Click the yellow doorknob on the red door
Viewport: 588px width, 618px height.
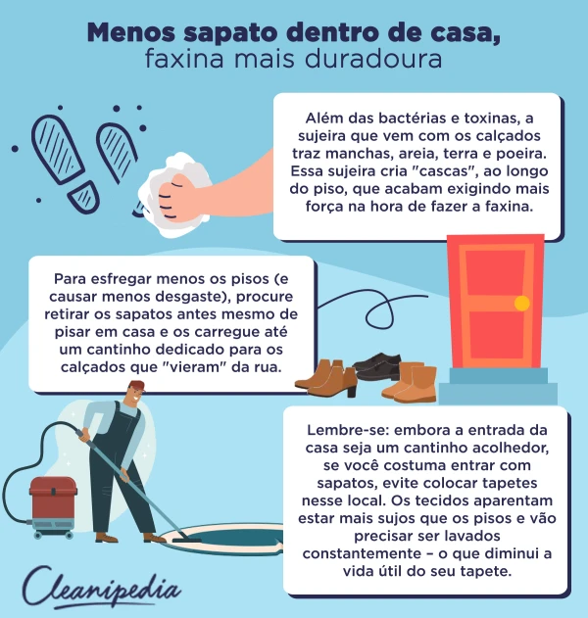coord(521,302)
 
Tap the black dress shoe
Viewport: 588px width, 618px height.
coord(376,365)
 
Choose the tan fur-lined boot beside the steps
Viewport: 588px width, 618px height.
coord(410,382)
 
